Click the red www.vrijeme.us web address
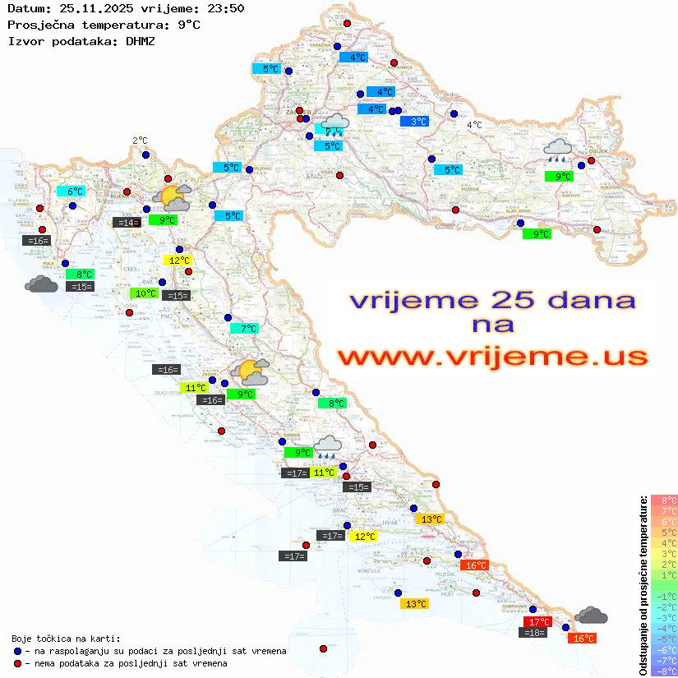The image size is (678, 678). pos(492,357)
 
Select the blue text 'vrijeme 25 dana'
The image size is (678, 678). pos(492,300)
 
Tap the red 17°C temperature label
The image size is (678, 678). pos(537,621)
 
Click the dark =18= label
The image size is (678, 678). pos(534,632)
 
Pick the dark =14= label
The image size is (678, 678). pos(126,222)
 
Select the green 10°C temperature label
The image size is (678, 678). pos(145,293)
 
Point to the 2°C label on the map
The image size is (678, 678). pos(140,141)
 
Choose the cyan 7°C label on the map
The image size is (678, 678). pos(243,329)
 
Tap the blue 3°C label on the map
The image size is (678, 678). pos(419,122)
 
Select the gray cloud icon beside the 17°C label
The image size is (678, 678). pos(591,615)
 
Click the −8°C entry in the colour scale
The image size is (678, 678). pos(663,671)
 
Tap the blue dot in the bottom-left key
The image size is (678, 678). pos(17,651)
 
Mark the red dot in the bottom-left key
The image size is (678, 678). pos(17,663)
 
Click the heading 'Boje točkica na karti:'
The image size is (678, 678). pos(66,639)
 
